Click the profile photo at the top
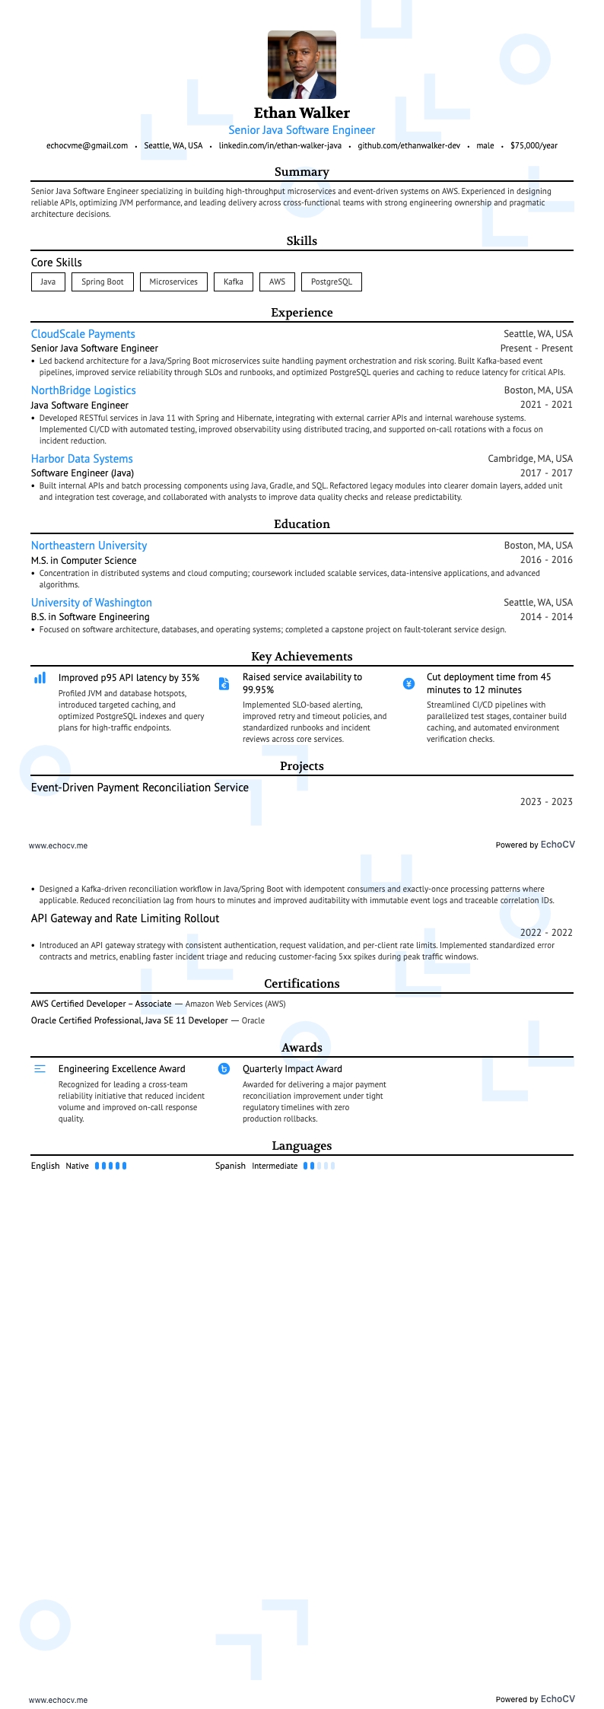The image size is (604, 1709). (302, 65)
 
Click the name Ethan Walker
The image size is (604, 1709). (302, 113)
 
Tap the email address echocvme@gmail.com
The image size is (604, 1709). (87, 145)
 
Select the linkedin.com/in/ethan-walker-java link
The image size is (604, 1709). (280, 145)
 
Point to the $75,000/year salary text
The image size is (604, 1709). (534, 145)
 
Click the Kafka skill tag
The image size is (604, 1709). (234, 282)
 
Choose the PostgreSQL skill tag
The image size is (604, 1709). (331, 282)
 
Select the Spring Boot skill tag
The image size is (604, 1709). (102, 282)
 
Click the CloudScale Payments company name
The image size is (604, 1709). (83, 334)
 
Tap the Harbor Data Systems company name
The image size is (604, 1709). (81, 459)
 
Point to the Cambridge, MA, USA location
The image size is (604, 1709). (530, 459)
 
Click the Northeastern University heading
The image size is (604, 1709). (89, 546)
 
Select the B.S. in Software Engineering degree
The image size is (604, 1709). (90, 617)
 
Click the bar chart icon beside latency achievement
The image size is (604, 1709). (40, 678)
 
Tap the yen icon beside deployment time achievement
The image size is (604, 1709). (408, 683)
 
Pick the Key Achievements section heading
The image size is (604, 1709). (302, 657)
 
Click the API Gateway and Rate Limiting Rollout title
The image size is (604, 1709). (125, 918)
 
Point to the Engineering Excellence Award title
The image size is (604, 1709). (122, 1069)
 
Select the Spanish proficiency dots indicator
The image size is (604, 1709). (319, 1166)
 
